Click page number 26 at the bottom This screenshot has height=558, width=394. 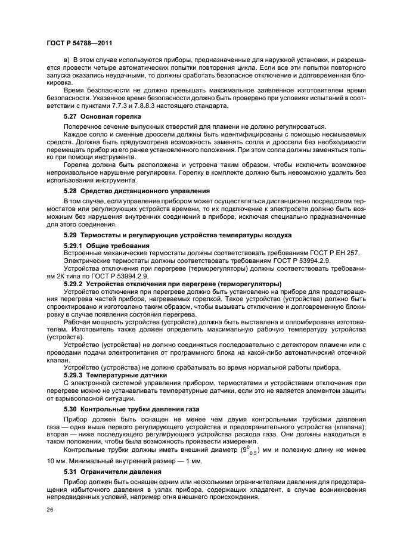tap(49, 510)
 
